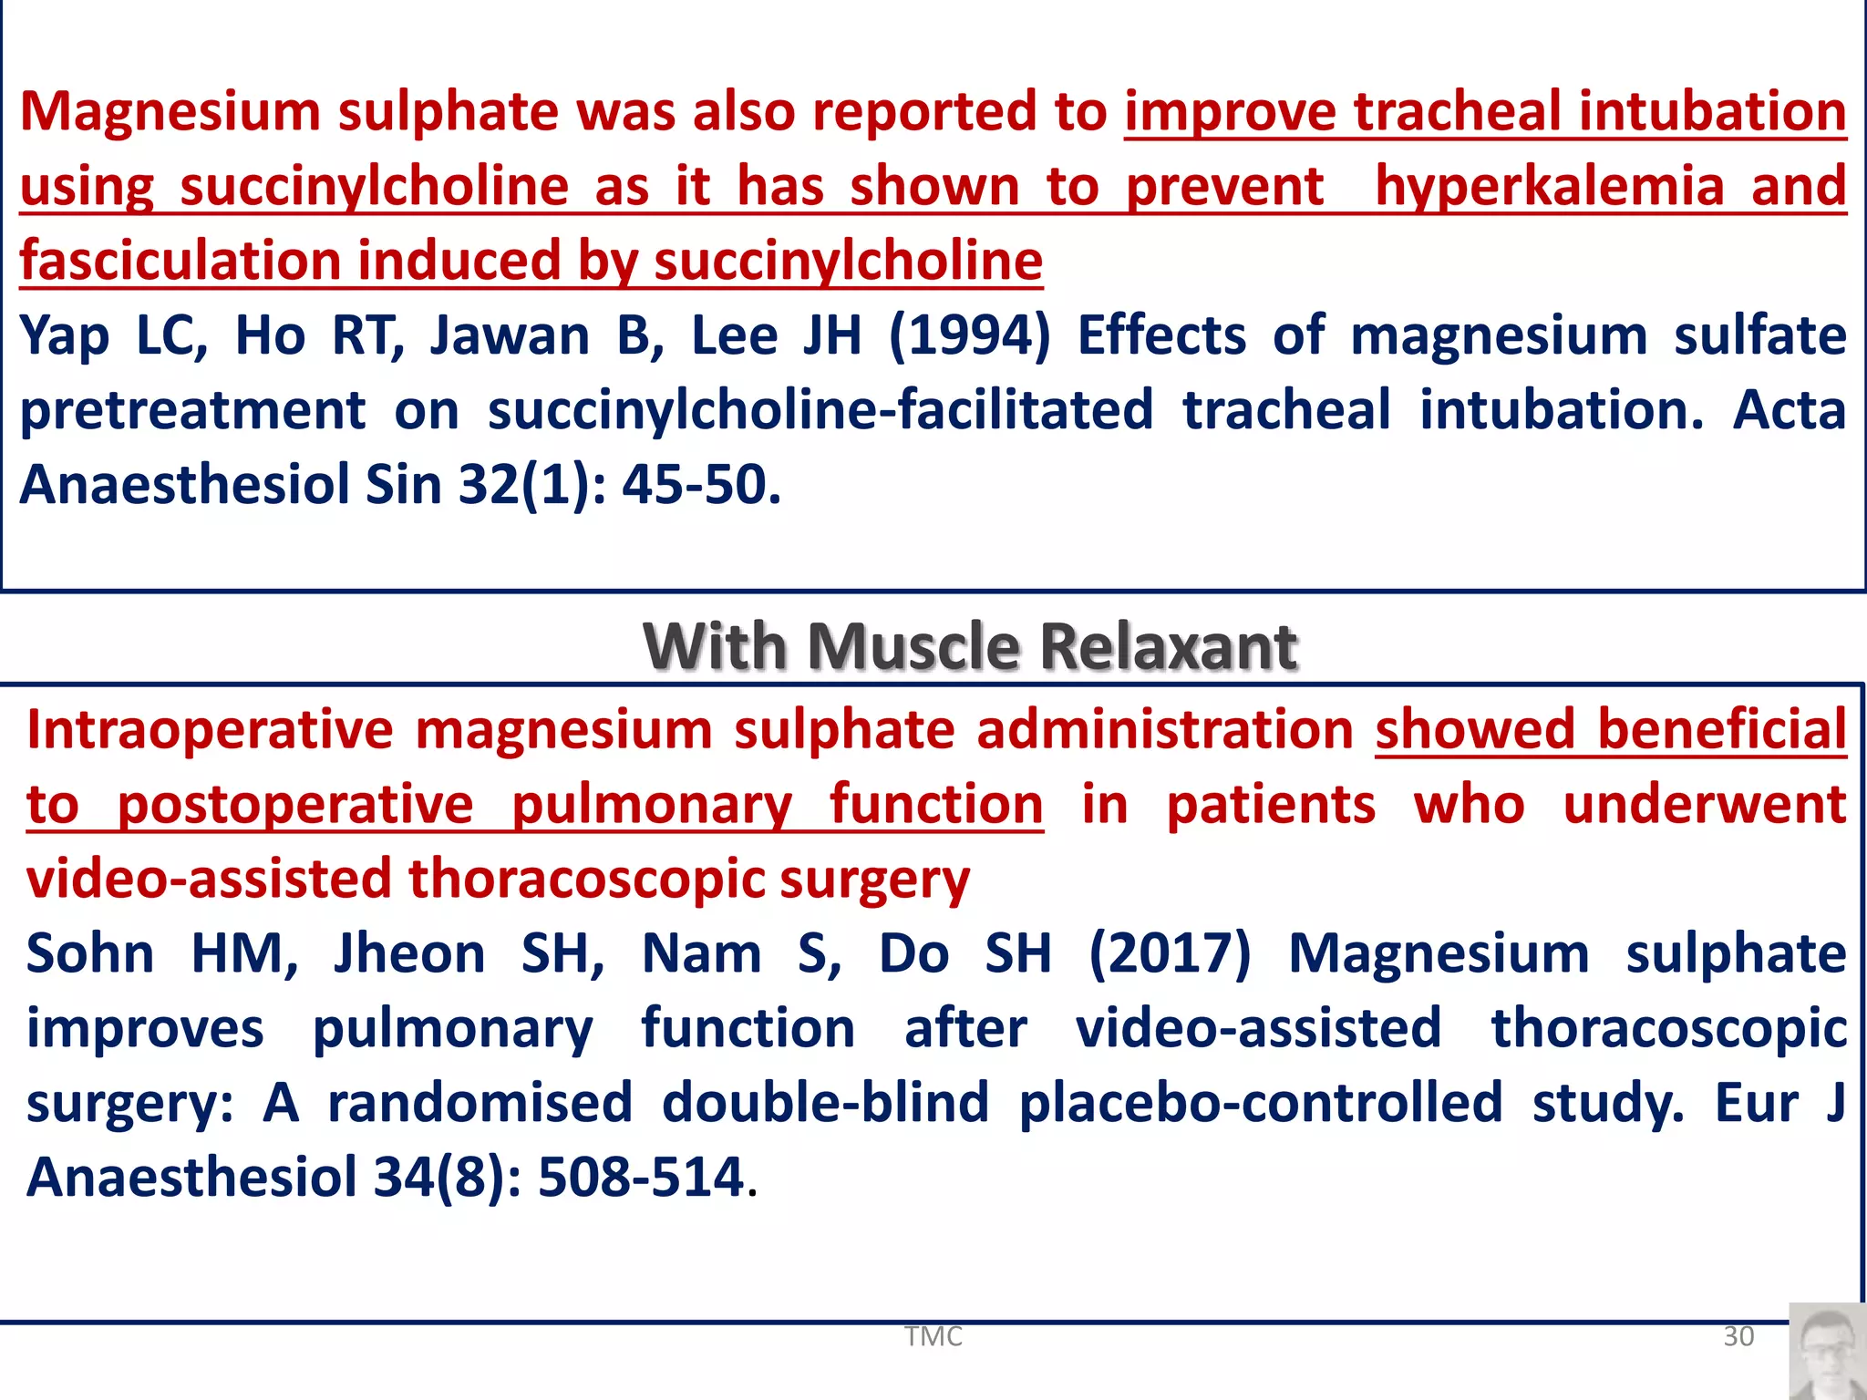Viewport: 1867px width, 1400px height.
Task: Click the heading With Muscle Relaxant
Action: click(970, 646)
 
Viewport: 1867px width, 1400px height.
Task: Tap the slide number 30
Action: click(1738, 1336)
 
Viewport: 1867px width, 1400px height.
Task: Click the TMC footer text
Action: click(933, 1336)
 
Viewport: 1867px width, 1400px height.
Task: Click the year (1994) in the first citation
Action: click(969, 335)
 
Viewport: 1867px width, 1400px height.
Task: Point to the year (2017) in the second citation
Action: click(1171, 954)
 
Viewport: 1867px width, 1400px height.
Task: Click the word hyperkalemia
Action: click(1550, 186)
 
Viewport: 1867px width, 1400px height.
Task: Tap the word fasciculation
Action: click(181, 261)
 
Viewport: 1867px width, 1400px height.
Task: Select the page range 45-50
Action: click(701, 484)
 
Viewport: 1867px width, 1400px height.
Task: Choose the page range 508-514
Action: click(642, 1177)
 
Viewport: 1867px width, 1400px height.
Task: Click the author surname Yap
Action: click(65, 335)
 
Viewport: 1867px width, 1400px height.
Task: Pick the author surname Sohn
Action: click(90, 954)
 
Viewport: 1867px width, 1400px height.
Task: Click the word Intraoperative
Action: click(209, 730)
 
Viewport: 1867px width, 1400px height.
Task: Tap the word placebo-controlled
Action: click(1261, 1103)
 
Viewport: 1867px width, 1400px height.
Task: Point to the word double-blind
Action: click(825, 1103)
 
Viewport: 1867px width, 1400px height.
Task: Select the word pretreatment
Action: click(192, 410)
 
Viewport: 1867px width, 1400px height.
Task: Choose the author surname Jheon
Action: click(409, 954)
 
